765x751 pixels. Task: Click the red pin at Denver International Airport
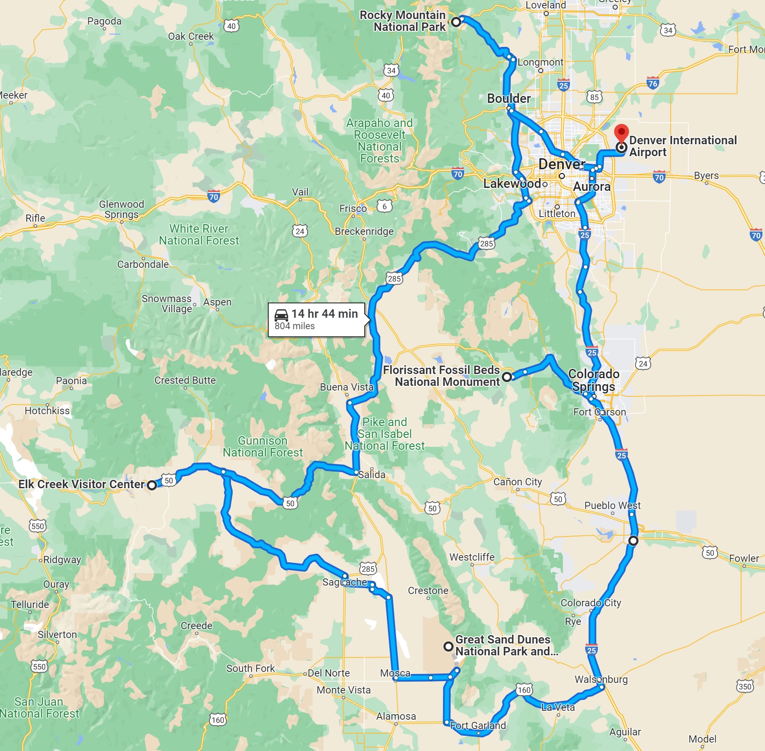(621, 132)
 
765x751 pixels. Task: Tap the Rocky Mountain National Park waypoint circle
(456, 22)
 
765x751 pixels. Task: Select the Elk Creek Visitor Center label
(81, 484)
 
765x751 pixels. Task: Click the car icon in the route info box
(281, 315)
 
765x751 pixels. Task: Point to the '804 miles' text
(294, 326)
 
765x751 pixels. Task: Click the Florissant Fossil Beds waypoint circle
(506, 376)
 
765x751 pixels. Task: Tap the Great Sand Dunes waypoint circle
(448, 646)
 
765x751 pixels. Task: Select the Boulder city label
(509, 99)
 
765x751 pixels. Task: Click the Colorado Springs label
(594, 380)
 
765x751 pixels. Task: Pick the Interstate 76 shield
(652, 83)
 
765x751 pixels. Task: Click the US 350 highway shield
(745, 686)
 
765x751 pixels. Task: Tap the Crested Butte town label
(185, 380)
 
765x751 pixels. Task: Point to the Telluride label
(30, 605)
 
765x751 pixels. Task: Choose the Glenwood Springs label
(121, 209)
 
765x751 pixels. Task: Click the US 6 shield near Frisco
(384, 206)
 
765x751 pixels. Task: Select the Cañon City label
(517, 482)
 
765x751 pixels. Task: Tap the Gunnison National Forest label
(263, 447)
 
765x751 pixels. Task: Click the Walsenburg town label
(601, 679)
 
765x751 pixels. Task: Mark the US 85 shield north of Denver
(594, 97)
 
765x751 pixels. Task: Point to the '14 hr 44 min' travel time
(325, 314)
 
